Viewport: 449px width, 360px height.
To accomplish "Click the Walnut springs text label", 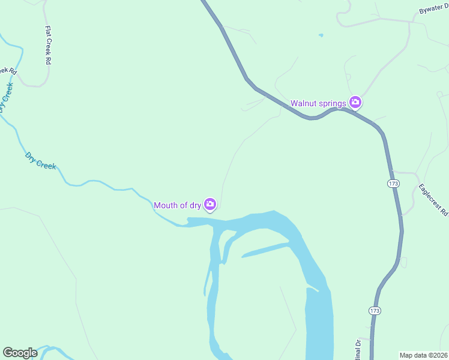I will coord(318,103).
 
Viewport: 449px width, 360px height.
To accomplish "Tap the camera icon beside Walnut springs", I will coord(355,103).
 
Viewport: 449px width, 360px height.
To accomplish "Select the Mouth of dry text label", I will coord(177,205).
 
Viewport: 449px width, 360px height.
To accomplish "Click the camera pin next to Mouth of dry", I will coord(210,205).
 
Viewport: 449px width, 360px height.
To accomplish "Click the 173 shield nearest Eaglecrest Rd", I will coord(393,183).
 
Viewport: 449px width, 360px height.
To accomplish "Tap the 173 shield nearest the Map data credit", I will coord(374,310).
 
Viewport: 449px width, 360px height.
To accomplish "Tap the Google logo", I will coord(20,353).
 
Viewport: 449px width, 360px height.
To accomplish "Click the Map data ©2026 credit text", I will coord(423,355).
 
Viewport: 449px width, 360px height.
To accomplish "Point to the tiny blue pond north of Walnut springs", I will coord(321,35).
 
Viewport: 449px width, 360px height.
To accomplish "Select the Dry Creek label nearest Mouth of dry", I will coord(41,161).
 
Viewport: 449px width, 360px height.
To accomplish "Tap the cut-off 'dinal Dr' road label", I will coord(358,349).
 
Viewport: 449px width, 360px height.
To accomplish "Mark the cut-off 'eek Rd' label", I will coord(8,71).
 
